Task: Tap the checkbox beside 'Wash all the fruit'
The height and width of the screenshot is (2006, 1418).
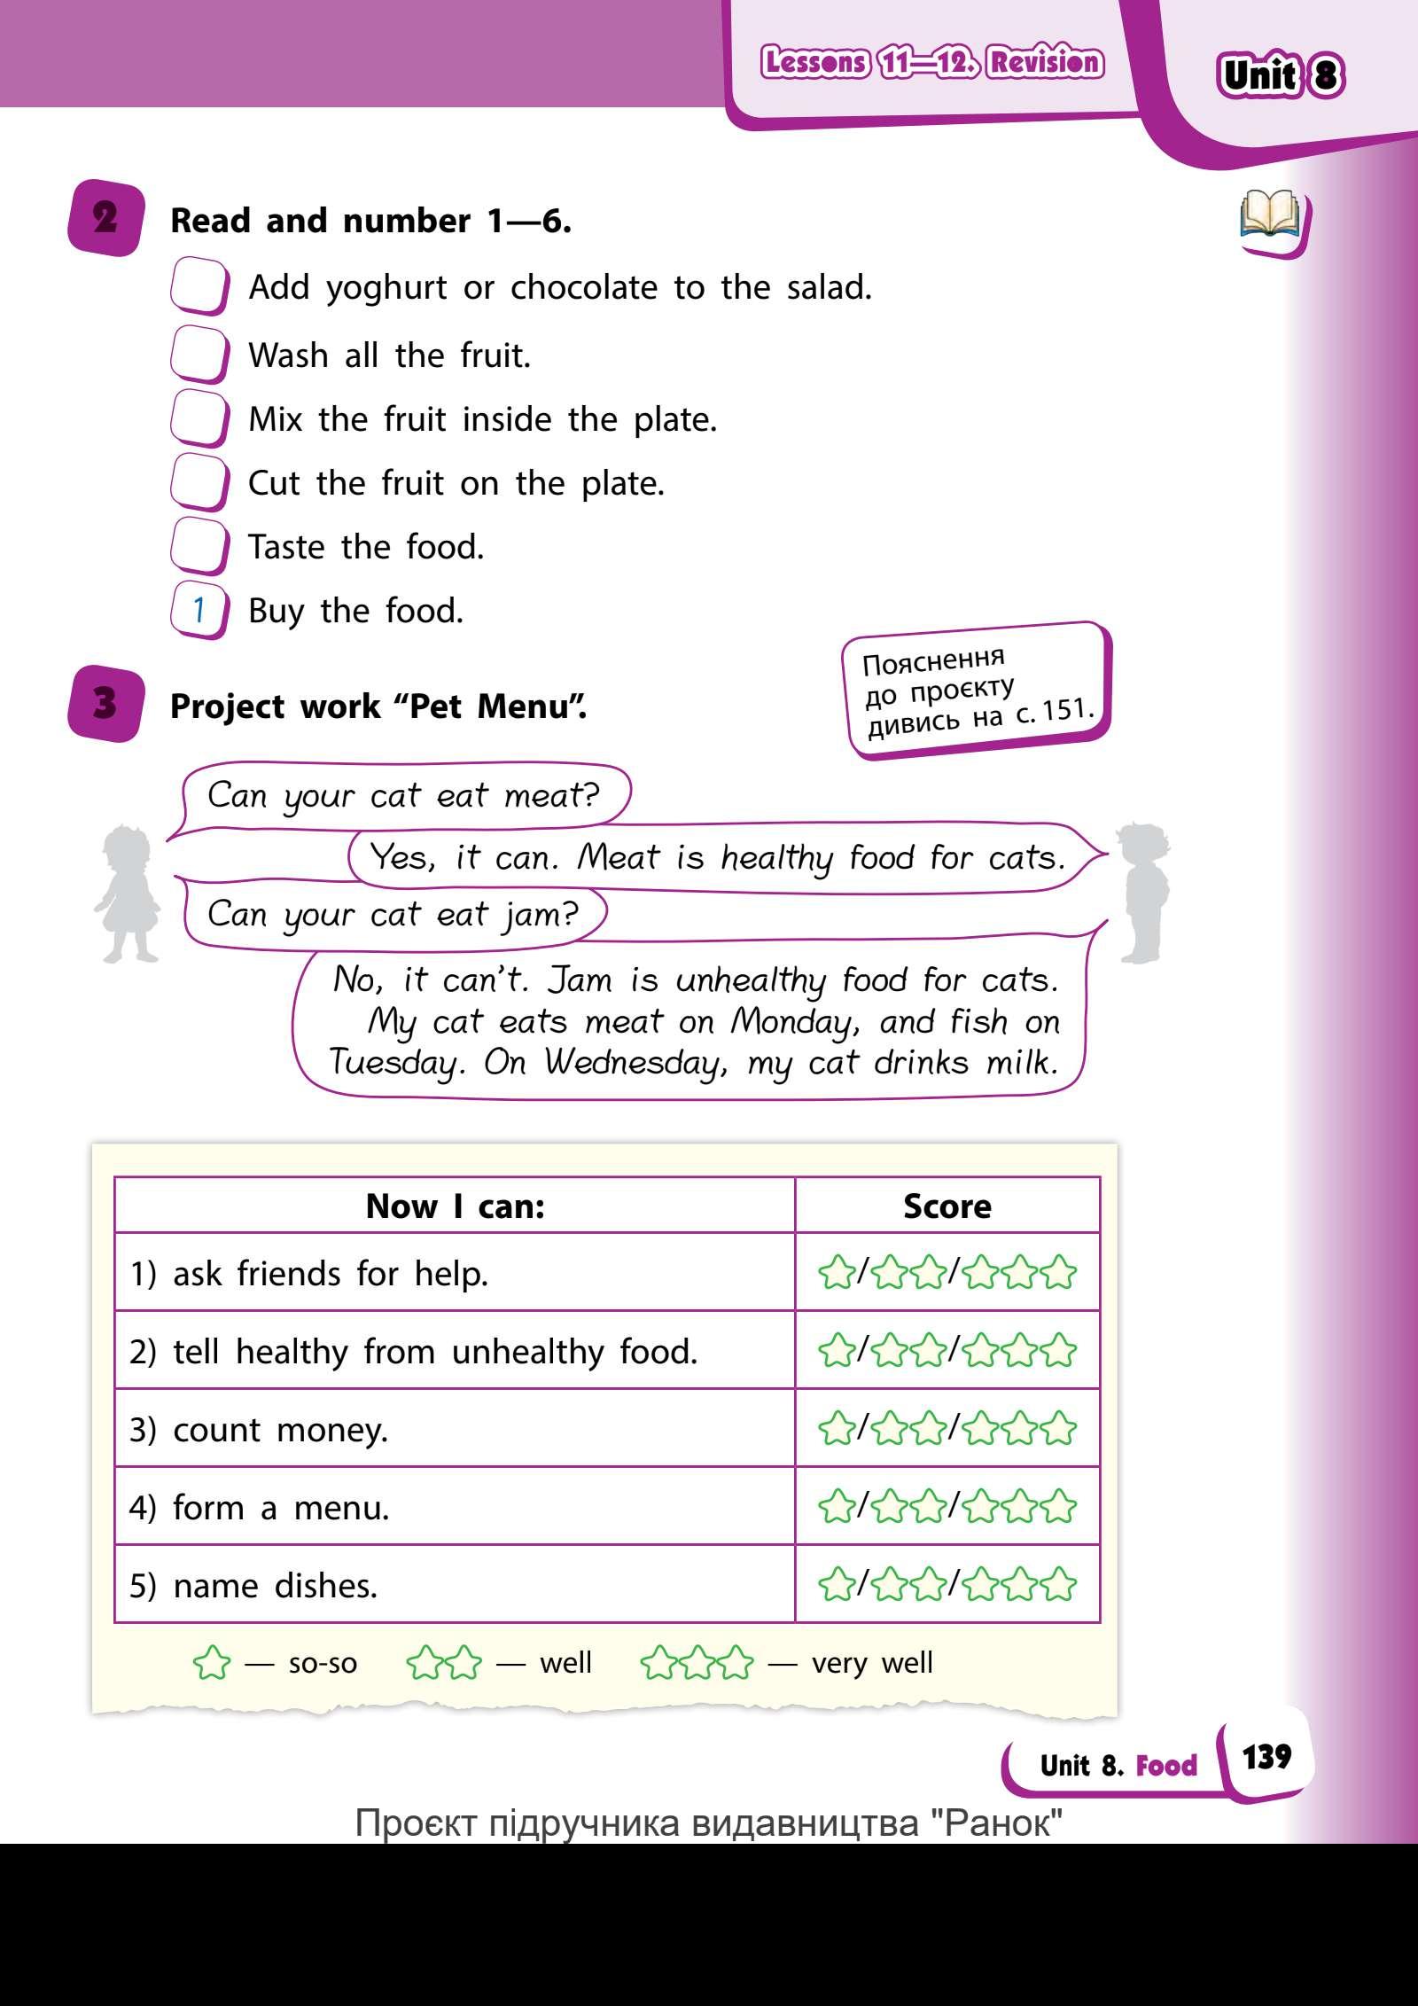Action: (199, 355)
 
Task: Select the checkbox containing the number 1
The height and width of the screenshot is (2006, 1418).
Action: (199, 610)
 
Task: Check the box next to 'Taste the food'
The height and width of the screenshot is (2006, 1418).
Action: (199, 546)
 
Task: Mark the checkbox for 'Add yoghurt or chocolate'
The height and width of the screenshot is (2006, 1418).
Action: (199, 286)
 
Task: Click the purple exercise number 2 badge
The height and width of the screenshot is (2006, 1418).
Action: (105, 218)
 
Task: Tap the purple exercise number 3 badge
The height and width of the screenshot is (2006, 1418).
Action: (105, 705)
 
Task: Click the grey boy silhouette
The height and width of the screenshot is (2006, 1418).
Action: (1142, 891)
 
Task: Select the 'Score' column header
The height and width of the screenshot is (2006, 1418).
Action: (947, 1206)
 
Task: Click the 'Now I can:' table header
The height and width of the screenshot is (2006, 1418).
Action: (455, 1206)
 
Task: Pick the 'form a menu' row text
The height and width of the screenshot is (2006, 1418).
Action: (280, 1508)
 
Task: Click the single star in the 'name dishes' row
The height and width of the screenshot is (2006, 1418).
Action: (836, 1585)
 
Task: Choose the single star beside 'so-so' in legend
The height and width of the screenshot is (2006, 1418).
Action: (211, 1664)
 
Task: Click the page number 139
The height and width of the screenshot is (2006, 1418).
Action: (1266, 1756)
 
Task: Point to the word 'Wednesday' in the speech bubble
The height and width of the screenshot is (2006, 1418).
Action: (635, 1062)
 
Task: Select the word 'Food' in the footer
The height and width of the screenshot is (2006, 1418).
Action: (1165, 1765)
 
